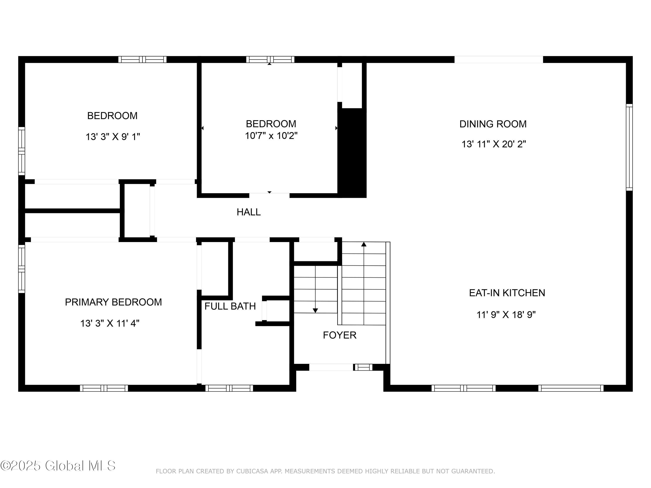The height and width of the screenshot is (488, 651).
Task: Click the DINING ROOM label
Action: (x=493, y=124)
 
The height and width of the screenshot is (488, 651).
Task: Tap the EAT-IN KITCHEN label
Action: (x=507, y=293)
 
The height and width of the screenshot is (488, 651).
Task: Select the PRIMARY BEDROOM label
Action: (x=113, y=302)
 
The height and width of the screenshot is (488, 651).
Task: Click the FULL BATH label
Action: (x=230, y=306)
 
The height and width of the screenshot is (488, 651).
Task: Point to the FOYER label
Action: (x=340, y=335)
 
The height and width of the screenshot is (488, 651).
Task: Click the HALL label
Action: (x=249, y=212)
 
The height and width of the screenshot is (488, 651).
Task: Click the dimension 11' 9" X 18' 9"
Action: (x=506, y=315)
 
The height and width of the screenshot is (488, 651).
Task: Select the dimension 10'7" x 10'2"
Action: (x=271, y=136)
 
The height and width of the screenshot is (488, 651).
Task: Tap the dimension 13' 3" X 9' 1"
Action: (x=113, y=137)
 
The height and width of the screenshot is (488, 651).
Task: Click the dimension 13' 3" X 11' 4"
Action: (x=110, y=324)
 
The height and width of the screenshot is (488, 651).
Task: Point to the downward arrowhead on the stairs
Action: (x=315, y=311)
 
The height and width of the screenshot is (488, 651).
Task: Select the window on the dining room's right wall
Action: (x=629, y=147)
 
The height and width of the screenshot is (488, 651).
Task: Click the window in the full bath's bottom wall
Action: (x=229, y=388)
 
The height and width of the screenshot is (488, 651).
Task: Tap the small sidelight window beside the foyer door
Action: (x=363, y=367)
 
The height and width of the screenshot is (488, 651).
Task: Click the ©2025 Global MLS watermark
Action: (x=58, y=466)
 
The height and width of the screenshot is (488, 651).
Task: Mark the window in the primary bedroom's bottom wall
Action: (x=104, y=388)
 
